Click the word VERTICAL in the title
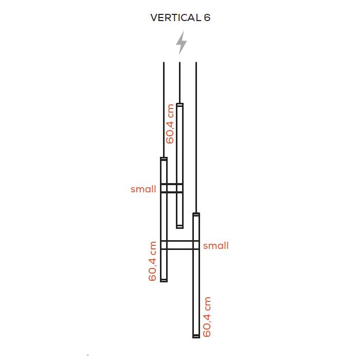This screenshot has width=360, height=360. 176,17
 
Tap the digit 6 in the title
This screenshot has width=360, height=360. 207,17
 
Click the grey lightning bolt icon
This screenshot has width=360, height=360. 182,43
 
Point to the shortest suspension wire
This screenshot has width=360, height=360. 180,83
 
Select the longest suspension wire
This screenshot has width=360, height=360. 196,137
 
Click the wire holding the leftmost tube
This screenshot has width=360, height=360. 164,110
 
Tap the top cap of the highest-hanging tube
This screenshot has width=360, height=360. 180,105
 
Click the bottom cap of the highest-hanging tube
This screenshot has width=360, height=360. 180,227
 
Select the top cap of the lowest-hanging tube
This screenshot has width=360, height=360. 196,214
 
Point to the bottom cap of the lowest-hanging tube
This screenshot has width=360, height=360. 196,336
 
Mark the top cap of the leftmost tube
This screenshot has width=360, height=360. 164,159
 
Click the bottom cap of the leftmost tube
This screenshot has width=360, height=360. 164,280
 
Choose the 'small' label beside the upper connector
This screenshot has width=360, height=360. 143,189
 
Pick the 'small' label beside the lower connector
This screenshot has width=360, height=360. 216,246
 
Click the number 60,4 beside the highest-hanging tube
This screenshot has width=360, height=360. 170,133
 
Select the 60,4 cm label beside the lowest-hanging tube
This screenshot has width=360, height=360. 207,317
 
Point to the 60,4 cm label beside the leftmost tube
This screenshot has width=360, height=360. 152,261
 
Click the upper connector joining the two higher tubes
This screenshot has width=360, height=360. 172,188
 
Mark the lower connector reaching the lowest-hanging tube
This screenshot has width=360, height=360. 180,245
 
